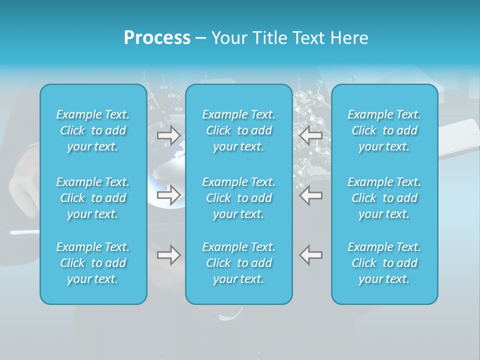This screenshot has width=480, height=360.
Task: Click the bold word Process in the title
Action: [157, 38]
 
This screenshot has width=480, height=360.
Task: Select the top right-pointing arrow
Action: [168, 135]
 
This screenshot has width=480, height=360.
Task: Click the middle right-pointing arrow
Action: [168, 195]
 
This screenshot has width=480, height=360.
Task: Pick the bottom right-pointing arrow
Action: [168, 255]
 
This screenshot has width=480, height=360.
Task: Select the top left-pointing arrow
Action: [311, 135]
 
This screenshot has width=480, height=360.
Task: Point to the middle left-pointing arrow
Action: [311, 195]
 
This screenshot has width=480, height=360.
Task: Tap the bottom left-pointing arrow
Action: [311, 255]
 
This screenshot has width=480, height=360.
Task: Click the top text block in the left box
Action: [93, 130]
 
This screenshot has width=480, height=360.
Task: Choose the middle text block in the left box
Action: [93, 198]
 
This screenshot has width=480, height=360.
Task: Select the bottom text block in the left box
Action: [93, 263]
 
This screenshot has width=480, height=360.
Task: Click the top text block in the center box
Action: [239, 130]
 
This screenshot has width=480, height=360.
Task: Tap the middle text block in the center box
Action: [239, 198]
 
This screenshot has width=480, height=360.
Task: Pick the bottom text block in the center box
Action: [239, 263]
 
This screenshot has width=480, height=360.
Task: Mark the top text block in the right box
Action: [384, 130]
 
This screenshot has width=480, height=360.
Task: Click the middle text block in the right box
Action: [384, 198]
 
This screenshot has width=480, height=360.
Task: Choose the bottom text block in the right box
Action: [384, 263]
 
